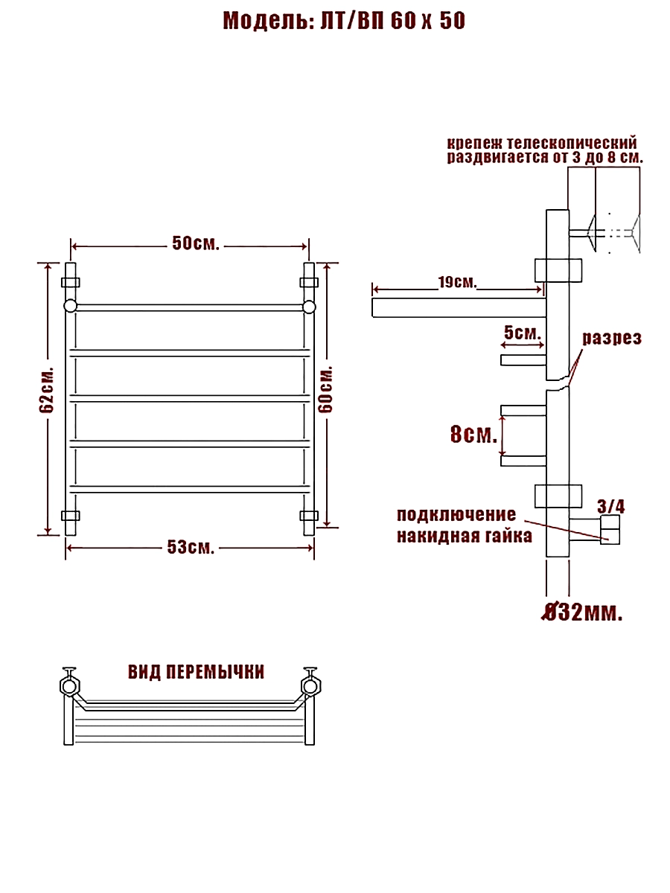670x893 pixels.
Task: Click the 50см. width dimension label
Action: click(x=196, y=243)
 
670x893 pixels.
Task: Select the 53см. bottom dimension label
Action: click(x=191, y=548)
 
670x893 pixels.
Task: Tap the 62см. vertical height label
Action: click(x=47, y=391)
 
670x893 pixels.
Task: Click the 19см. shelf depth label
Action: click(x=457, y=282)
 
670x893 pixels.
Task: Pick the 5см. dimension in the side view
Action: click(x=523, y=333)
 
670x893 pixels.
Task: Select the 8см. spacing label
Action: click(x=474, y=435)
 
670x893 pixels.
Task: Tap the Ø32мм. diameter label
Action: click(x=581, y=612)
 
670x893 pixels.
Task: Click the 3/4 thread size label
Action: click(x=611, y=507)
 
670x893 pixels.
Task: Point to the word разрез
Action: click(x=612, y=339)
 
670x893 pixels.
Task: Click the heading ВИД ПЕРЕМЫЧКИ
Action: click(x=197, y=673)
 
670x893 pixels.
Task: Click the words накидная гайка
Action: click(x=465, y=536)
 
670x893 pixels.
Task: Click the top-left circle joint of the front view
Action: click(x=71, y=307)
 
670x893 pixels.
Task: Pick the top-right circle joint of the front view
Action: click(x=309, y=307)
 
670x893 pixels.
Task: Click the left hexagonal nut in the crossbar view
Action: click(x=70, y=687)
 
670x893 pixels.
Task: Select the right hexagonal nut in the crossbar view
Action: click(x=311, y=687)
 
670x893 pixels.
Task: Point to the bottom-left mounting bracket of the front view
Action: click(x=71, y=516)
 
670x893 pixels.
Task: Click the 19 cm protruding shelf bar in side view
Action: click(x=459, y=308)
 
